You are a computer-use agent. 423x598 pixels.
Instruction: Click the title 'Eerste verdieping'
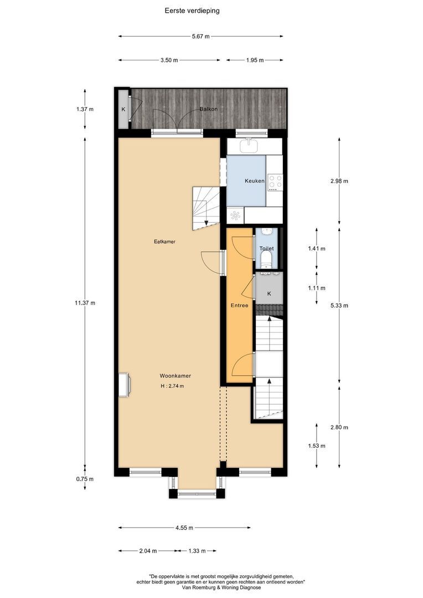[192, 10]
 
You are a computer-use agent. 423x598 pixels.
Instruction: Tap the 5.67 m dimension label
[200, 37]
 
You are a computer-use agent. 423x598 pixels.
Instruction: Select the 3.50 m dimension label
[169, 60]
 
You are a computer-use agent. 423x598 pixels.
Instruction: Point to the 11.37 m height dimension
[85, 303]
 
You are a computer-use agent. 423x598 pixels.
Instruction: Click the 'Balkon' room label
[208, 109]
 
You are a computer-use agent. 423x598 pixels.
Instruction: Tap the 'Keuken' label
[255, 181]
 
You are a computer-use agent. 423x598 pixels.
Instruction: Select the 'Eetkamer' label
[161, 241]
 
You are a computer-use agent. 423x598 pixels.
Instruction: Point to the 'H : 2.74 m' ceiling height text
[172, 386]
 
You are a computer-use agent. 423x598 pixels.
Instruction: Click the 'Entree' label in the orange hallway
[239, 305]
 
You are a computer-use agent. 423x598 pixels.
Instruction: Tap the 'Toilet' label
[266, 249]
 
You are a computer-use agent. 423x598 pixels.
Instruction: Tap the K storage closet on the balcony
[123, 109]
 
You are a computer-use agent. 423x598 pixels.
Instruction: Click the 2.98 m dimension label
[339, 181]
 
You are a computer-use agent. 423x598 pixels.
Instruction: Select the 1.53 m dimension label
[316, 446]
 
